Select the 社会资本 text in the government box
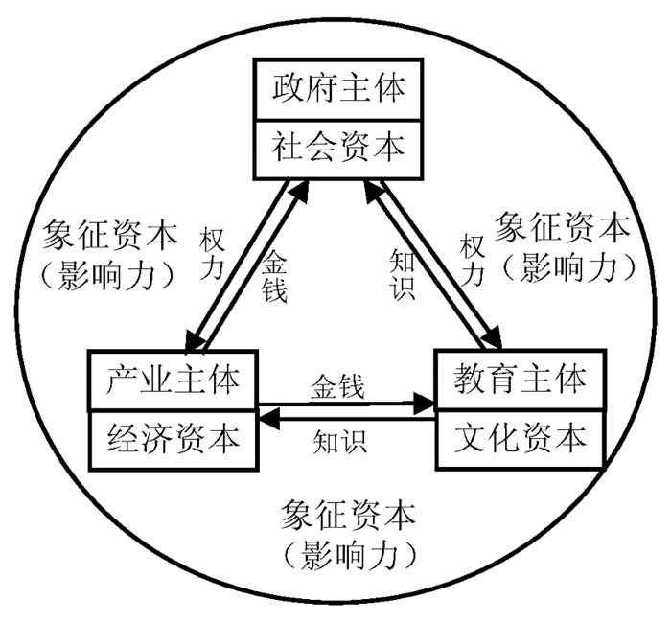tap(336, 148)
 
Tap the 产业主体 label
tap(172, 381)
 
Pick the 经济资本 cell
tap(172, 440)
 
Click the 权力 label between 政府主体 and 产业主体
tap(212, 254)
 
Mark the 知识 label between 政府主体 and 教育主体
tap(403, 274)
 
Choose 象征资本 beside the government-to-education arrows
tap(562, 229)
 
